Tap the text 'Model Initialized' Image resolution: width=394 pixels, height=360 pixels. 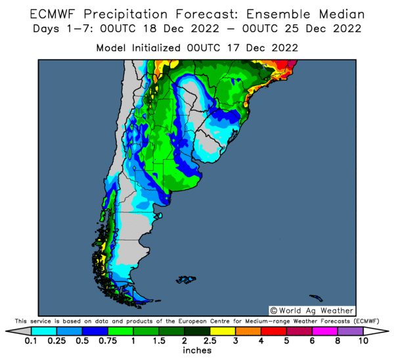pos(139,48)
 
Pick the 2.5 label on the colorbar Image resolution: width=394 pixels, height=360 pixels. pos(209,342)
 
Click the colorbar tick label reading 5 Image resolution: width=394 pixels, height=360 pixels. pos(286,342)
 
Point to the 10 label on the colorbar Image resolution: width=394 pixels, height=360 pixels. pos(363,342)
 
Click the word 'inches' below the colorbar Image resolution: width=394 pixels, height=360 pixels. pos(197,351)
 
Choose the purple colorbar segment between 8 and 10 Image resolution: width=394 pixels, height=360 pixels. pos(350,331)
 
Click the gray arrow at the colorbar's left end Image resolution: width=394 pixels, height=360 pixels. pos(24,331)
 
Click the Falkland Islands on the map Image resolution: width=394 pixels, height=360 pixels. pos(187,280)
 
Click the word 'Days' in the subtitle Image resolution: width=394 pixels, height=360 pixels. pos(47,30)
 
